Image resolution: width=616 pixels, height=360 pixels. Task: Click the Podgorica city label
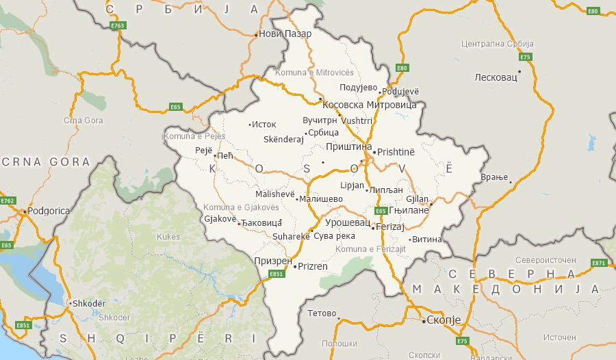pyautogui.click(x=48, y=211)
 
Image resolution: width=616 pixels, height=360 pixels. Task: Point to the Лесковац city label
pyautogui.click(x=496, y=77)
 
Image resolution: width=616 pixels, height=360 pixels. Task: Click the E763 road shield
pyautogui.click(x=118, y=25)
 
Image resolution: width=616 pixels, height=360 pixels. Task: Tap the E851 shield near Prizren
pyautogui.click(x=276, y=274)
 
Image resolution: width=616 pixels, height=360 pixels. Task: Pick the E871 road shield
pyautogui.click(x=599, y=263)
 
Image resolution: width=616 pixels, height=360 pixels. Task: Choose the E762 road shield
pyautogui.click(x=8, y=201)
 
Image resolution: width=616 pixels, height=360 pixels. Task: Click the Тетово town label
pyautogui.click(x=322, y=313)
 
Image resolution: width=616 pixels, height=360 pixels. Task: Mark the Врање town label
pyautogui.click(x=494, y=177)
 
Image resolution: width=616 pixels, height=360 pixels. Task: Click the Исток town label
pyautogui.click(x=264, y=124)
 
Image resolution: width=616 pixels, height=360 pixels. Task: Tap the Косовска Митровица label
pyautogui.click(x=370, y=105)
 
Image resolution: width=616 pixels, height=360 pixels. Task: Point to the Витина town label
pyautogui.click(x=427, y=240)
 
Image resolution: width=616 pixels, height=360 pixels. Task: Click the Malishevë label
pyautogui.click(x=274, y=194)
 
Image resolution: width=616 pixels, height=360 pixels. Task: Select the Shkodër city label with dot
pyautogui.click(x=89, y=303)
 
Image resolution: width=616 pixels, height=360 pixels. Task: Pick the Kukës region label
pyautogui.click(x=168, y=236)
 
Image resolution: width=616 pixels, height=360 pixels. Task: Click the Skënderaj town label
pyautogui.click(x=283, y=139)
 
